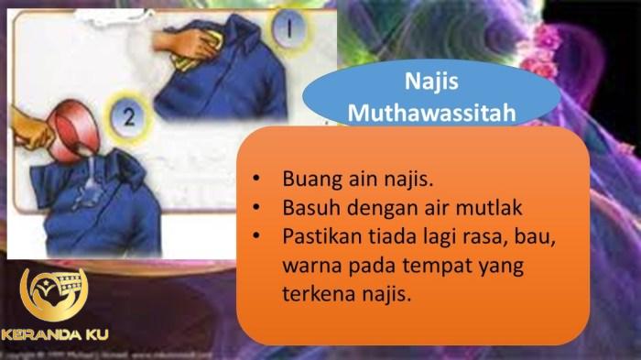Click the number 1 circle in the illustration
(288, 29)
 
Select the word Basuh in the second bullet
(309, 208)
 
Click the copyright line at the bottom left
(92, 353)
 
